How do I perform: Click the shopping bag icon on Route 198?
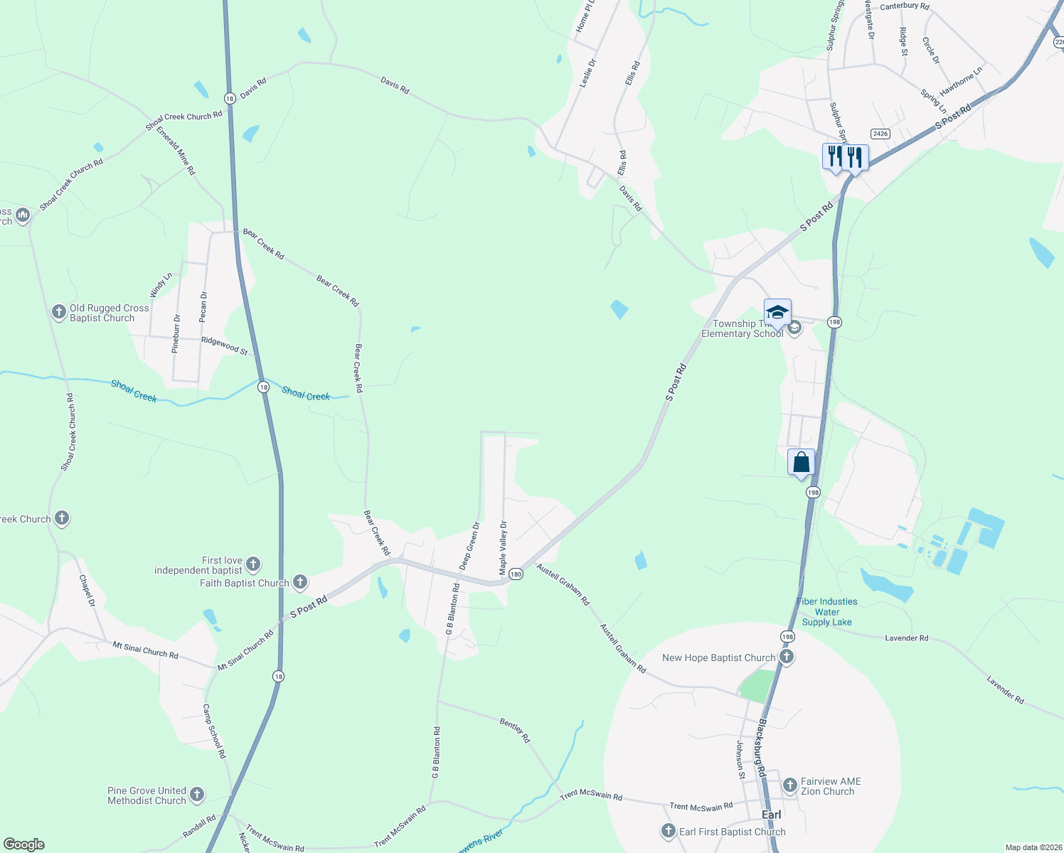801,463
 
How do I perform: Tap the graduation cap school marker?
777,313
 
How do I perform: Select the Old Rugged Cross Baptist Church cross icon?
59,312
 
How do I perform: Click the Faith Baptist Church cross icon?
300,582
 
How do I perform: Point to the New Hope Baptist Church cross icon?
786,657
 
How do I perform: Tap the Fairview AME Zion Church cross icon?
789,785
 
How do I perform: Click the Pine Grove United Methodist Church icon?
197,795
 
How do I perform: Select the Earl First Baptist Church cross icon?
668,831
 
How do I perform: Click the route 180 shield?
516,574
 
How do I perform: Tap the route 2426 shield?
881,134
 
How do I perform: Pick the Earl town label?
771,815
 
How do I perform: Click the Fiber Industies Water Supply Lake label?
826,611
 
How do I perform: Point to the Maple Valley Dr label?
503,548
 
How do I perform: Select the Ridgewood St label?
224,345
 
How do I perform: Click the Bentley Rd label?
515,730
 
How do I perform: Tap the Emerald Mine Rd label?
176,151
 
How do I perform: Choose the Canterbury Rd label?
904,6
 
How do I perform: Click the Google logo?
24,844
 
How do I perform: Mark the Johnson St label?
740,760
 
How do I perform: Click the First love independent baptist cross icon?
252,564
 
